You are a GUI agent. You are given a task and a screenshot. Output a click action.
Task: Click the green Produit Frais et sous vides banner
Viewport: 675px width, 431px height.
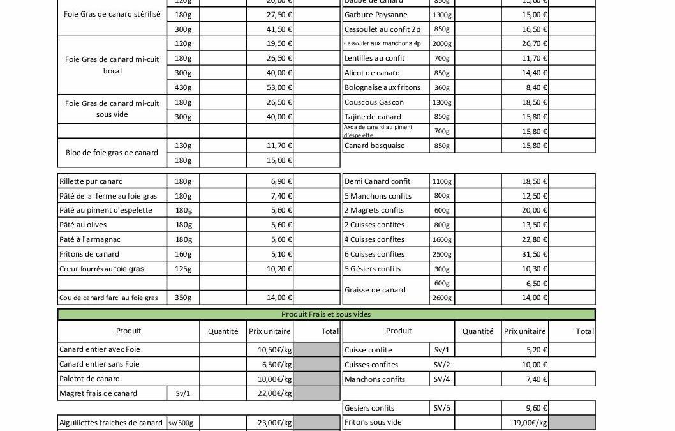(x=326, y=314)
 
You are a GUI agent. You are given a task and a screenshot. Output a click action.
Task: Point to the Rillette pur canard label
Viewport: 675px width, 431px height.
(x=91, y=181)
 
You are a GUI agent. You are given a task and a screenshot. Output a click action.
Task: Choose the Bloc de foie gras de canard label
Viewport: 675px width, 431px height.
(x=112, y=153)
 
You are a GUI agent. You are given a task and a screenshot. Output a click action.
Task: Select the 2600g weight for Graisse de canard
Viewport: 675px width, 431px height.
(x=442, y=298)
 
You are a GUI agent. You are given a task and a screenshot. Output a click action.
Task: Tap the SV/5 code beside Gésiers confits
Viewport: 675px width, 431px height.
(x=441, y=408)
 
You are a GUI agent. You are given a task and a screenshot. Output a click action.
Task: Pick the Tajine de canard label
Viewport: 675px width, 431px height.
(x=373, y=117)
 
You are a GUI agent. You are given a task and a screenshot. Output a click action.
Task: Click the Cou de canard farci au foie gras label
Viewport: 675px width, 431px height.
(x=108, y=298)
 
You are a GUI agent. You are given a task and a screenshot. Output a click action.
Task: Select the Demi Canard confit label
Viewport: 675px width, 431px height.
(x=377, y=181)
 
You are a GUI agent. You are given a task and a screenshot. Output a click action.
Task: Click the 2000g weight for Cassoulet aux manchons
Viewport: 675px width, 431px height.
(x=442, y=44)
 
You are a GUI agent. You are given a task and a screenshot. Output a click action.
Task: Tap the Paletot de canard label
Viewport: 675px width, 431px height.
(x=89, y=379)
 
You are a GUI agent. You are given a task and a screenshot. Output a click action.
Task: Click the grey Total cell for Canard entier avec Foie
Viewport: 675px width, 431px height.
(x=317, y=350)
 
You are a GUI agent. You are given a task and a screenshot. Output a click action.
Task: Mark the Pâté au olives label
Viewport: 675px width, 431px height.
(x=83, y=225)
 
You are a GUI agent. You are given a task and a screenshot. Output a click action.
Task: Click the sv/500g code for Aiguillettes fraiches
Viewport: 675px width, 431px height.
(x=181, y=423)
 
